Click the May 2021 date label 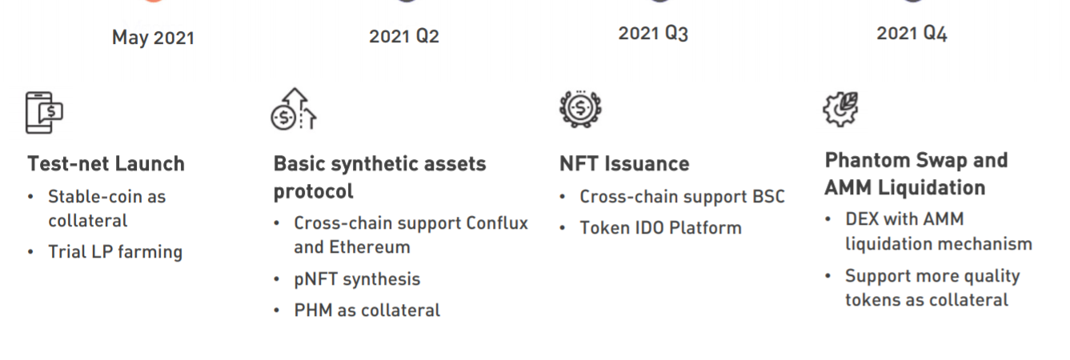pos(154,38)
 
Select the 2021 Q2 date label pos(404,36)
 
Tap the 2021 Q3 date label pos(654,34)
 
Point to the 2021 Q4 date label pos(912,34)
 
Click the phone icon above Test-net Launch pos(44,113)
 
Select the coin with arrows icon pos(294,109)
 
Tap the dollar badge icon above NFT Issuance pos(580,109)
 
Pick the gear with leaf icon pos(840,109)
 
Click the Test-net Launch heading pos(106,164)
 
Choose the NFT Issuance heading pos(624,164)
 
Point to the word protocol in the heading pos(314,192)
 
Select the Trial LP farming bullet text pos(115,252)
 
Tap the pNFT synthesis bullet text pos(357,279)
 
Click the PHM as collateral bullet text pos(367,310)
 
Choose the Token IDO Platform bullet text pos(660,228)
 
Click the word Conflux pos(497,223)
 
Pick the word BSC pos(768,197)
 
